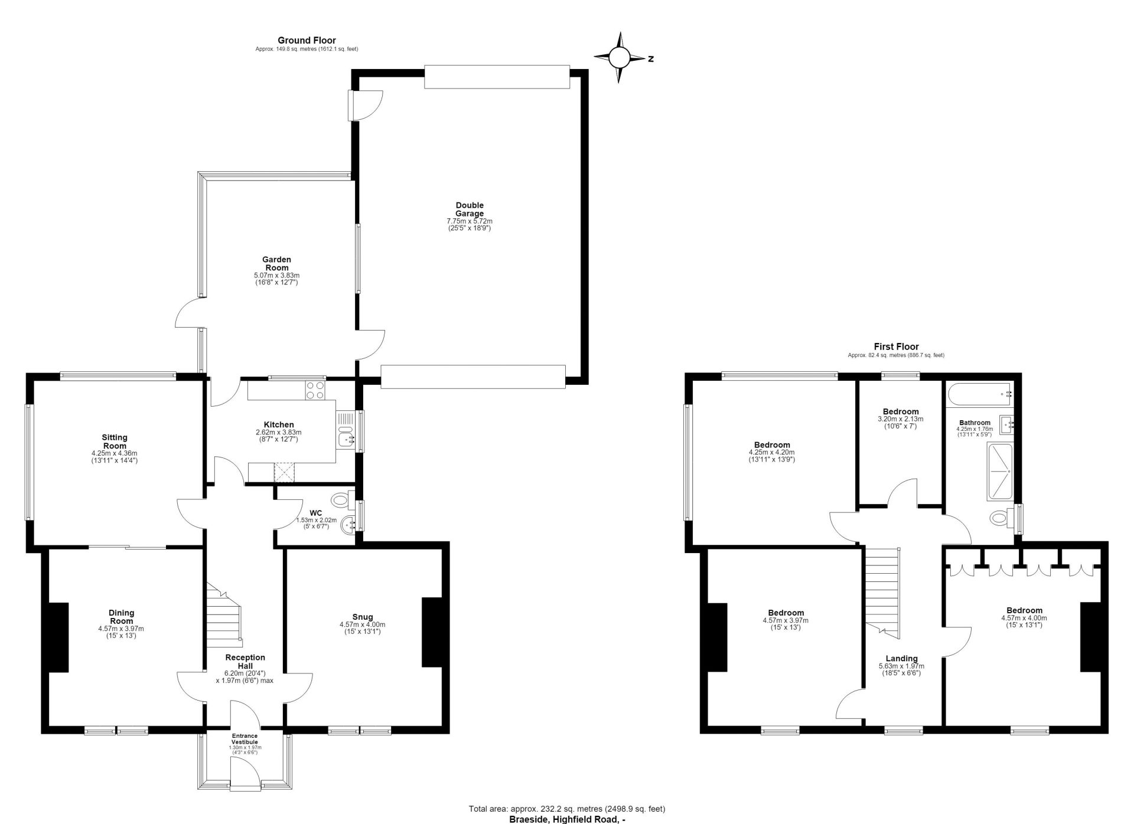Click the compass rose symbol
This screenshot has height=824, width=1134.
click(620, 58)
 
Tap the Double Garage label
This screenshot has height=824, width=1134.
click(470, 210)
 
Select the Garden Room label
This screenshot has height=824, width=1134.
click(277, 263)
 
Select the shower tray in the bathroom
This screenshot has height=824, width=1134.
click(1000, 472)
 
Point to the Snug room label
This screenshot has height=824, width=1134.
click(363, 617)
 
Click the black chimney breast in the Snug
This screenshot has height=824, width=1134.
click(432, 633)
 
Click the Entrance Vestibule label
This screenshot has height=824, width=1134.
click(245, 738)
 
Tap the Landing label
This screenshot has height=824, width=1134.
click(901, 659)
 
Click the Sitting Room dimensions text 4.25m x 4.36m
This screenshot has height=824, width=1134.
click(115, 453)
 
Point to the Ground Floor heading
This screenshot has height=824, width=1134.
click(307, 41)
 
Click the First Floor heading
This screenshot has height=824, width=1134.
click(896, 347)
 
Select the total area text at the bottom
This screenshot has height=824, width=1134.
click(567, 809)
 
